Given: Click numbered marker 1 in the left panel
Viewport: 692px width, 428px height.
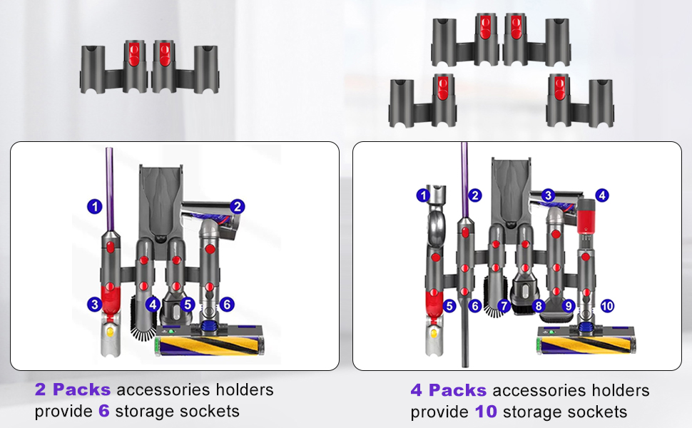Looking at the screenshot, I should pyautogui.click(x=94, y=207).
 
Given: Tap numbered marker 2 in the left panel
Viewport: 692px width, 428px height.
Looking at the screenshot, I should pyautogui.click(x=238, y=207).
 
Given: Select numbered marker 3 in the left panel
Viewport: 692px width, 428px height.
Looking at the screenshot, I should pyautogui.click(x=94, y=305).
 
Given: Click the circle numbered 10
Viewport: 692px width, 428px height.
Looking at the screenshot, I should pyautogui.click(x=607, y=306).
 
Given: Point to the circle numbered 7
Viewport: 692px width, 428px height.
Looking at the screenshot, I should pyautogui.click(x=504, y=306).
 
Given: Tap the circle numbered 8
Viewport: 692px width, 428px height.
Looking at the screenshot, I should pyautogui.click(x=539, y=306).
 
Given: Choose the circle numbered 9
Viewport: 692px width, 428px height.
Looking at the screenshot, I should pyautogui.click(x=569, y=306).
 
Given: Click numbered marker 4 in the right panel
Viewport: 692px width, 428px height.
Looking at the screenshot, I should pyautogui.click(x=603, y=194).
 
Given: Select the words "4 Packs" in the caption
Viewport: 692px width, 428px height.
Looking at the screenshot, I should pyautogui.click(x=448, y=391).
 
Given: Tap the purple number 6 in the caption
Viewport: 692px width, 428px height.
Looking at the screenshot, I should pyautogui.click(x=103, y=412).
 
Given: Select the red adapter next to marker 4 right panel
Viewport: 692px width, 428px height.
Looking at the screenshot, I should pyautogui.click(x=586, y=214).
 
